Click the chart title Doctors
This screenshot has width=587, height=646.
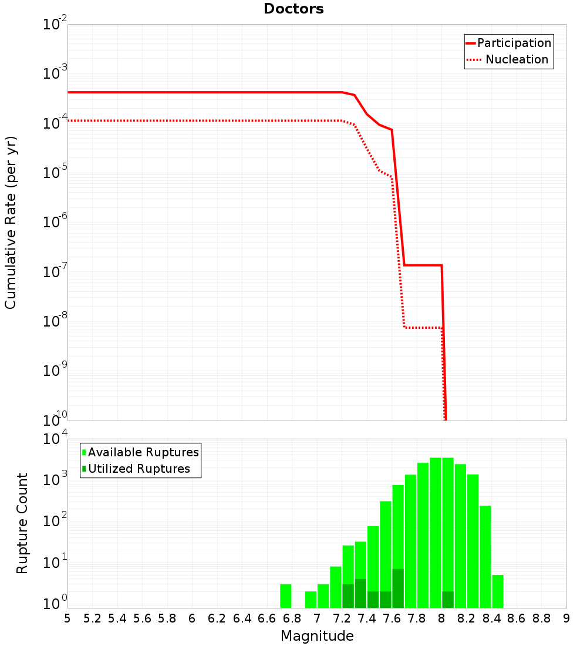pyautogui.click(x=293, y=9)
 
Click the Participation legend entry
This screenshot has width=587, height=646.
pyautogui.click(x=514, y=43)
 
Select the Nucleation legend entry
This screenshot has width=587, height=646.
pyautogui.click(x=516, y=60)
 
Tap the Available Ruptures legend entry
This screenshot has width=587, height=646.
pyautogui.click(x=143, y=452)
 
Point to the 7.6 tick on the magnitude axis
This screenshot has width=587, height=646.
pyautogui.click(x=392, y=618)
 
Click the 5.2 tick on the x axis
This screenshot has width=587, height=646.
pyautogui.click(x=92, y=618)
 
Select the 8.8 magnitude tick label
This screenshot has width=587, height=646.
pyautogui.click(x=541, y=618)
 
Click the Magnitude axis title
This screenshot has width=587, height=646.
pyautogui.click(x=317, y=636)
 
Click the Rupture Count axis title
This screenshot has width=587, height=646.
pyautogui.click(x=22, y=523)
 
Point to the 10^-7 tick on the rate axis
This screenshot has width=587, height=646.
pyautogui.click(x=56, y=271)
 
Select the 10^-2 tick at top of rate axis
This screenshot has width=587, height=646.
pyautogui.click(x=56, y=25)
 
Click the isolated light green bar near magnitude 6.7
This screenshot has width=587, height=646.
pyautogui.click(x=285, y=595)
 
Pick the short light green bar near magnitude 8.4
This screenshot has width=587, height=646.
pyautogui.click(x=498, y=591)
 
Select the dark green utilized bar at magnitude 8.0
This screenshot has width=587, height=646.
pyautogui.click(x=448, y=599)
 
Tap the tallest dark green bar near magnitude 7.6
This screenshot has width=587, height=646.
pyautogui.click(x=398, y=588)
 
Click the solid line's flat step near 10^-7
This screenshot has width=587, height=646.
pyautogui.click(x=423, y=265)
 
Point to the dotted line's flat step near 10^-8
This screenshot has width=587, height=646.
pyautogui.click(x=423, y=327)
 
